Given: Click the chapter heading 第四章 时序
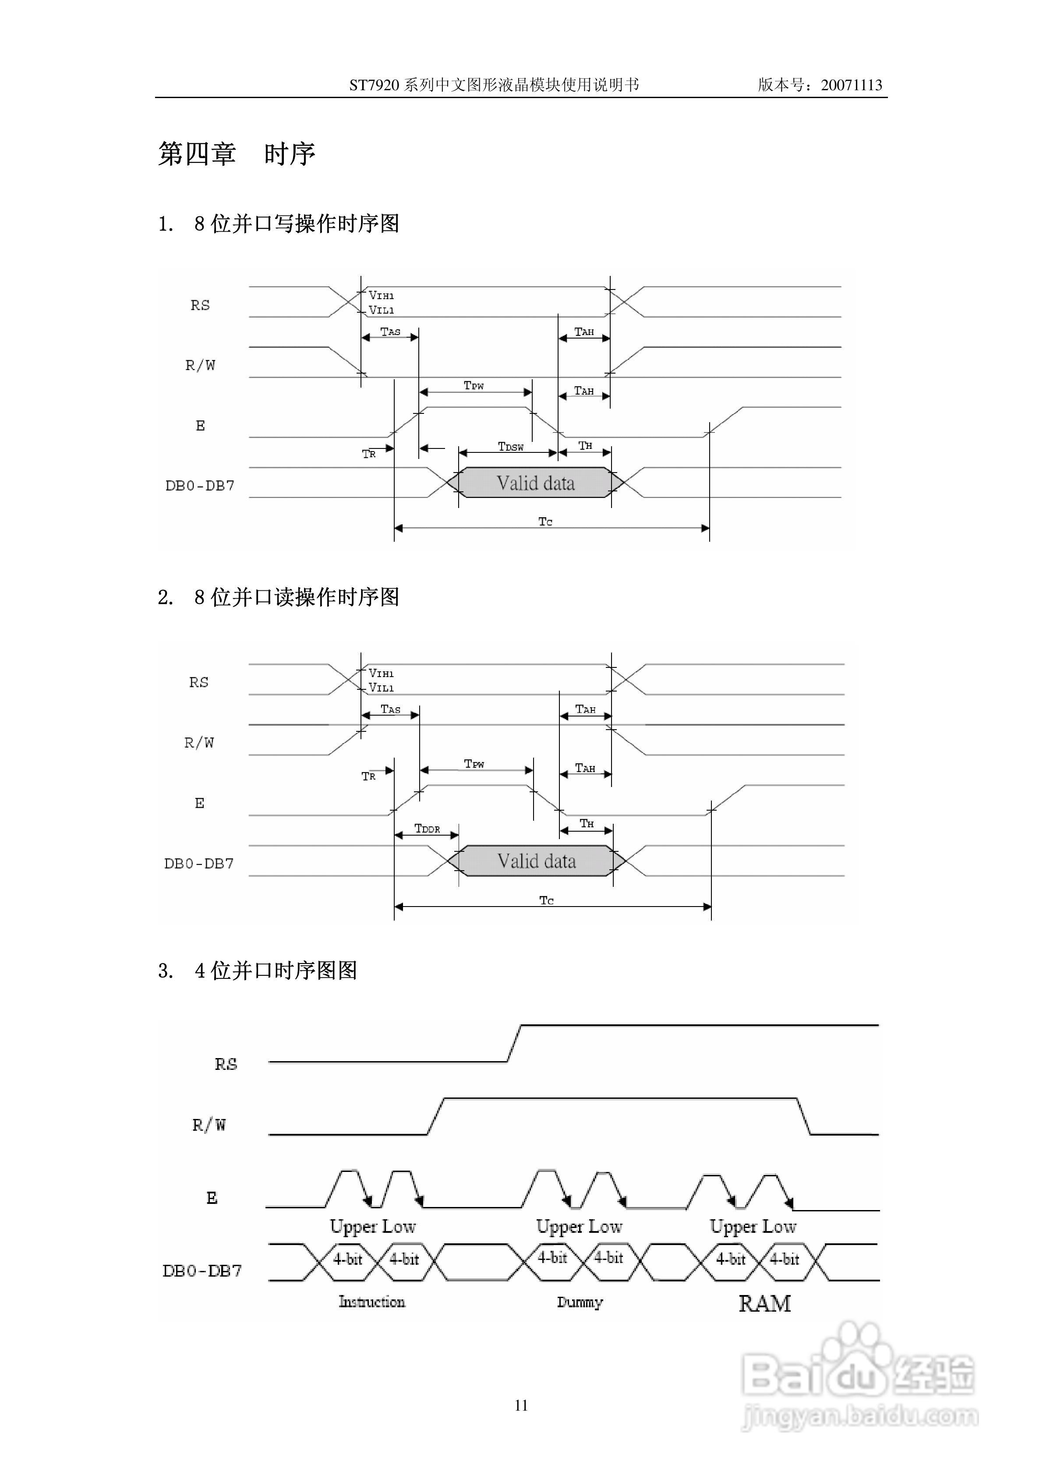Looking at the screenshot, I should pos(237,154).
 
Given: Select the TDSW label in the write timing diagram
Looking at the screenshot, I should pos(511,446).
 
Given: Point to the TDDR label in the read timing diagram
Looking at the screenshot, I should pos(428,829).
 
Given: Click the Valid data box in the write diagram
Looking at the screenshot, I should pos(535,483).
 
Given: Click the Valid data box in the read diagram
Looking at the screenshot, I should pos(537,861).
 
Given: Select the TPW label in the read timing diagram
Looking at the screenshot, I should pos(474,764).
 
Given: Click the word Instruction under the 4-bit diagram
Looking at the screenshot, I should pos(372,1302).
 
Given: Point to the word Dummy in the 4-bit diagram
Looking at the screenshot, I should pos(580,1302).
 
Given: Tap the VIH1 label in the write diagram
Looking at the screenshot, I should pos(381,296).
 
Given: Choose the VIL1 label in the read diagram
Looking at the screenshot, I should pos(381,688).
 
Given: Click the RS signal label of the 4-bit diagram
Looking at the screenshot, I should pos(226,1064).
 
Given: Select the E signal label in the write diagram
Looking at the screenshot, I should pos(201,425).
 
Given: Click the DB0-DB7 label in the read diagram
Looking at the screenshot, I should pos(199,864).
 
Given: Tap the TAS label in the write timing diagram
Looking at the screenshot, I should pos(390,332).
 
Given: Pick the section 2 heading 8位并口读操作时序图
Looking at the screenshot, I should pos(278,597).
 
